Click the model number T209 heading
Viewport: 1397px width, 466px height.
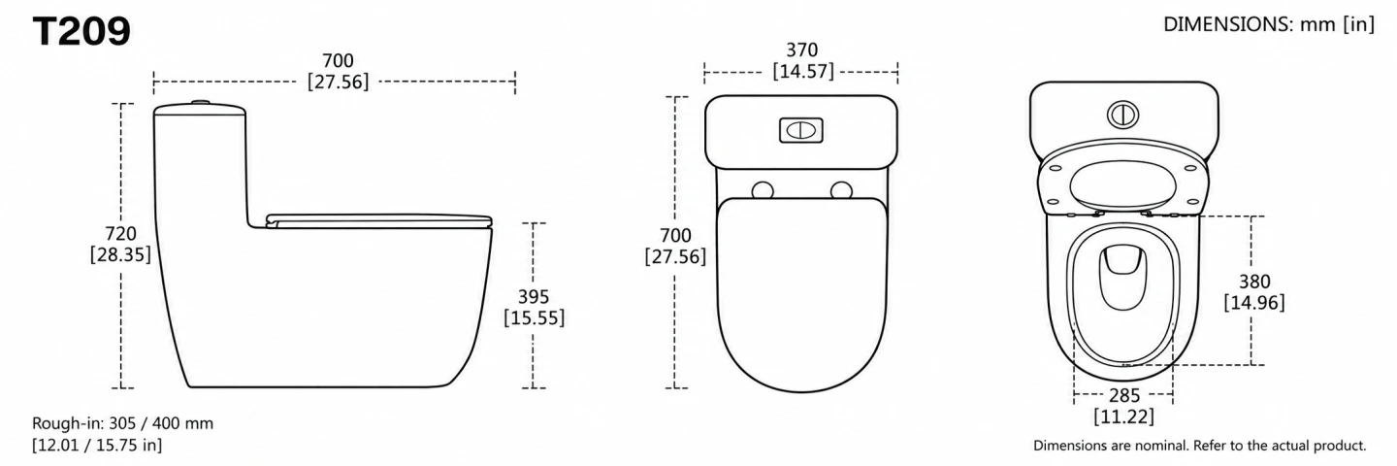(x=81, y=31)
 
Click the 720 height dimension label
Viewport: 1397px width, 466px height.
(x=120, y=234)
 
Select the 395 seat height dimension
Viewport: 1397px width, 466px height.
(x=534, y=297)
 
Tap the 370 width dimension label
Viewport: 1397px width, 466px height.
(x=802, y=50)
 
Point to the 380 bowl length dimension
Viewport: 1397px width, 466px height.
(x=1254, y=282)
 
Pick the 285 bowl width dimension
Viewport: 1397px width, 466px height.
(x=1123, y=395)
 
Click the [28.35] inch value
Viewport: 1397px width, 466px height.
(x=120, y=255)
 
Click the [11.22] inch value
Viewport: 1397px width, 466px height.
(x=1123, y=416)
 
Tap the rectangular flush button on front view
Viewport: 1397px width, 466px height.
(x=801, y=130)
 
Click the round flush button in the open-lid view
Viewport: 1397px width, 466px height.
(x=1122, y=115)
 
